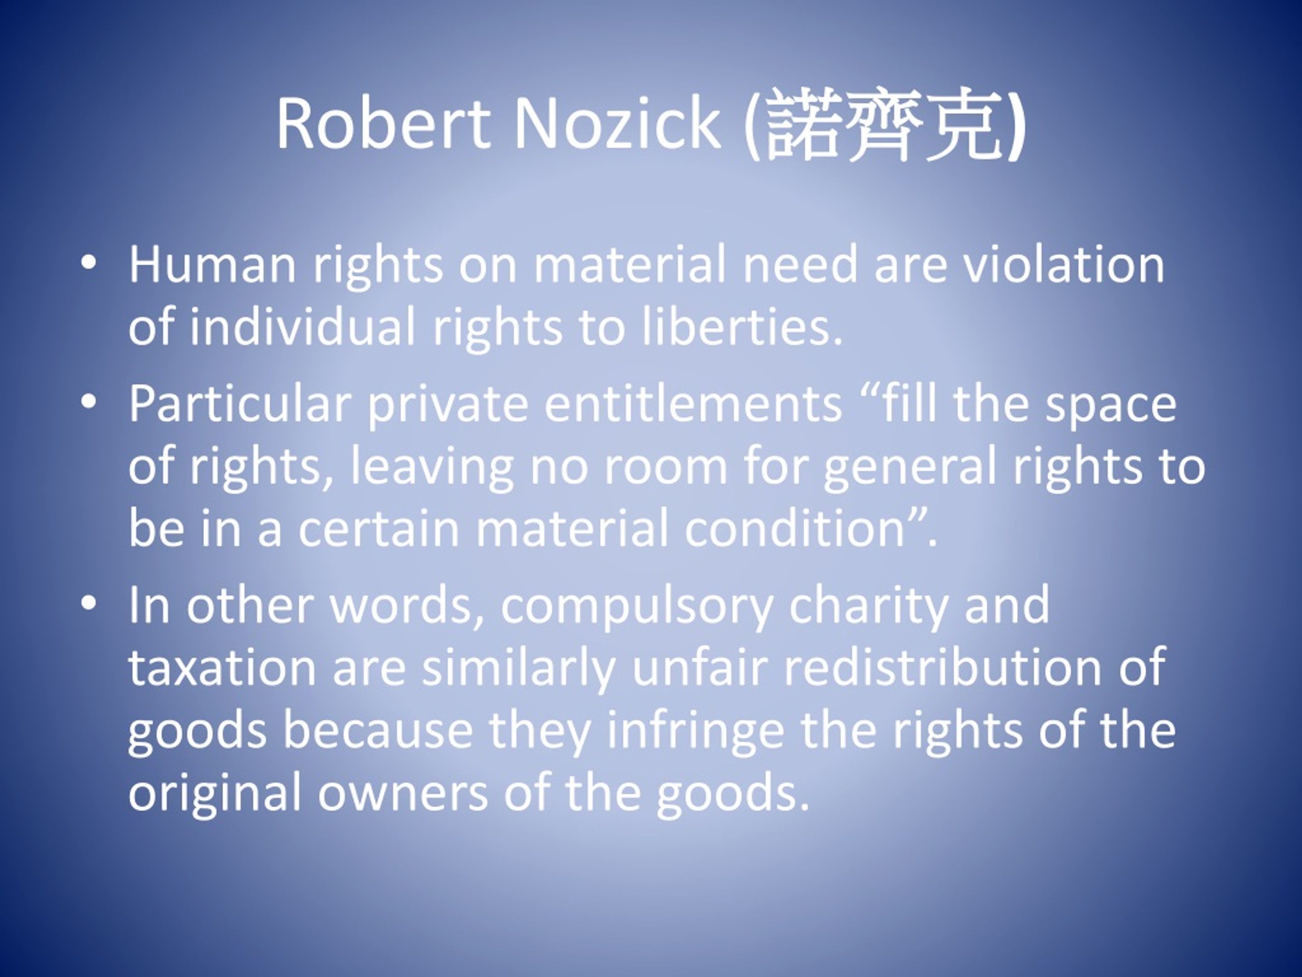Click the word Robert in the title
(x=383, y=123)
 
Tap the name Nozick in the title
(x=617, y=123)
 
